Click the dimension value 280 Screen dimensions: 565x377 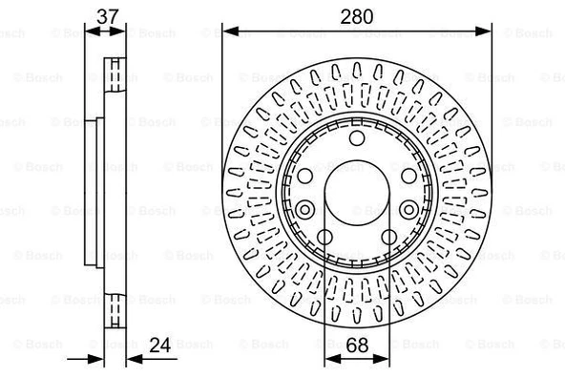[x=357, y=16]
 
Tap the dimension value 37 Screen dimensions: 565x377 [x=108, y=16]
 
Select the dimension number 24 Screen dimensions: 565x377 [x=160, y=345]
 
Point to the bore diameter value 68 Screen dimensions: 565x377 [x=357, y=345]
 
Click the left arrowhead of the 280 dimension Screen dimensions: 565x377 [x=231, y=31]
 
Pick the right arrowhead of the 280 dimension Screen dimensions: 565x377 [x=483, y=31]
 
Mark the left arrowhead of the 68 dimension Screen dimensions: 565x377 [x=333, y=359]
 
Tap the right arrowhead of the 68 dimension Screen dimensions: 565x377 [x=381, y=359]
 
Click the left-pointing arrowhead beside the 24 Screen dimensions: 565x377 [x=136, y=359]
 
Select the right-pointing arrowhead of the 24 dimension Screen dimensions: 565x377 [x=95, y=359]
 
